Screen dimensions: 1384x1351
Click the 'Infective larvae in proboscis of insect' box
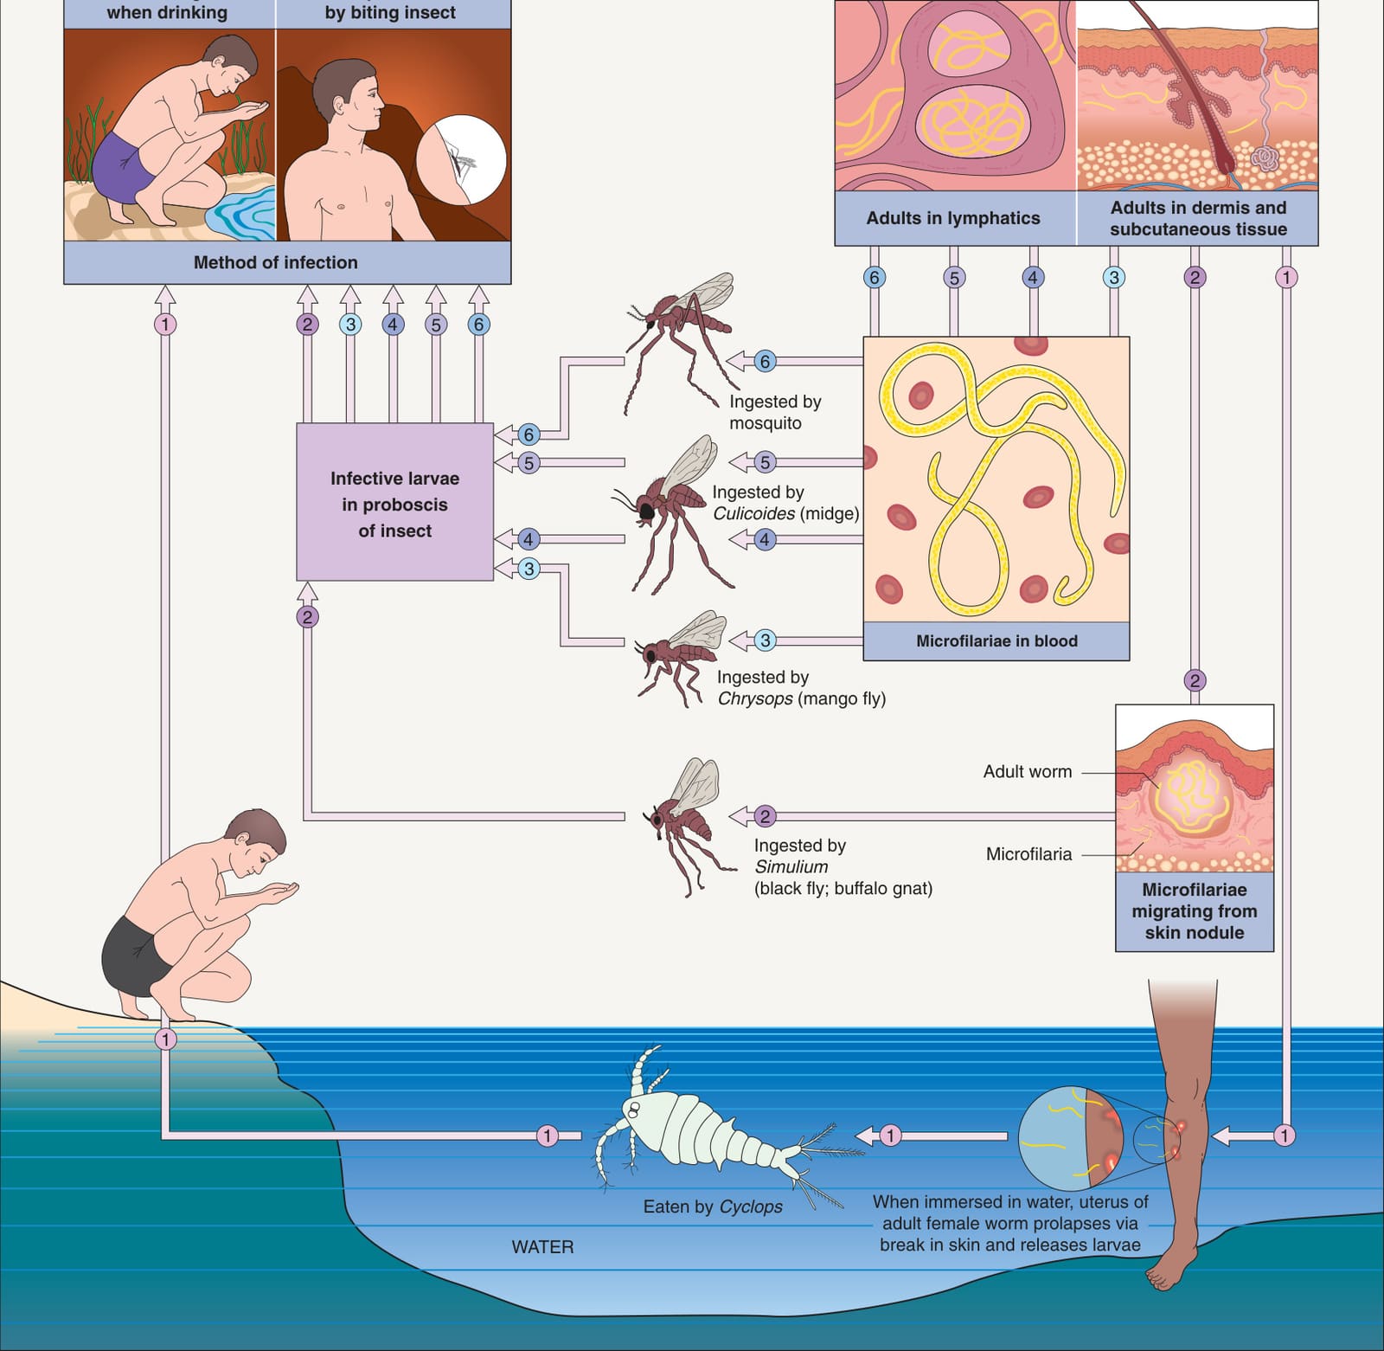coord(394,502)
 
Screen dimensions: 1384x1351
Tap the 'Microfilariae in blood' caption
coord(996,641)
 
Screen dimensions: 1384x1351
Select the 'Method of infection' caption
coord(275,262)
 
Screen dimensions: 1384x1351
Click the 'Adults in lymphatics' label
coord(953,218)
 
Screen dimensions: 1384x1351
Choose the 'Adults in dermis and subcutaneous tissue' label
coord(1198,218)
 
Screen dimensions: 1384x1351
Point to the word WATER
coord(542,1247)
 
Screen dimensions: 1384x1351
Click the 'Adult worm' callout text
coord(1028,771)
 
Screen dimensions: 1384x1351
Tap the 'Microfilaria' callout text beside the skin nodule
coord(1028,854)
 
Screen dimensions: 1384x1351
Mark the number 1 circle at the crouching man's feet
coord(165,1039)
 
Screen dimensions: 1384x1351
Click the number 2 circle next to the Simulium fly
coord(764,816)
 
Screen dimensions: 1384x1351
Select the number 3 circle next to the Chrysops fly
coord(764,640)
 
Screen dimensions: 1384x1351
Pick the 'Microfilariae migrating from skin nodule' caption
coord(1195,911)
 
